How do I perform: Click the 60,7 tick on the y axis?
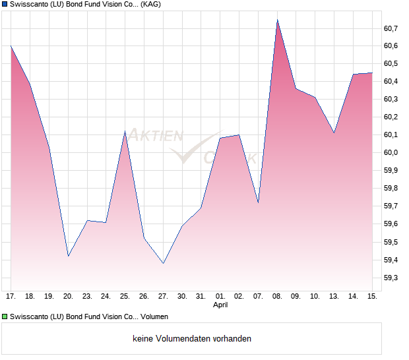point(391,28)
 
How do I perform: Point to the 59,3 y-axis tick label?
point(391,278)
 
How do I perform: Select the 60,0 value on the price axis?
point(391,153)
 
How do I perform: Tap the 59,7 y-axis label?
point(391,206)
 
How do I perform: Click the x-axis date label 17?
point(11,297)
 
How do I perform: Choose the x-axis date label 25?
point(125,297)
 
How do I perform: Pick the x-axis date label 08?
point(277,297)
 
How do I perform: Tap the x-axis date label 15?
point(372,297)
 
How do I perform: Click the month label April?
point(220,305)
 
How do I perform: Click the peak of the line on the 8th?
point(277,19)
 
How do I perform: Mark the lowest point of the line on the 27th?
point(163,264)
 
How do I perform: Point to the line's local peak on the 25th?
point(125,131)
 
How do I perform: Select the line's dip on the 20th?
point(68,256)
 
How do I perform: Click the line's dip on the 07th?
point(258,202)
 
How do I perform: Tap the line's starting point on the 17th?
point(11,45)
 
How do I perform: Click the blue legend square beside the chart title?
point(5,5)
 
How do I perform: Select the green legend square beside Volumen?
point(5,316)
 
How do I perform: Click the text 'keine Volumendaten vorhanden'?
point(192,339)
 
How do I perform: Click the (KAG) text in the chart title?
point(151,5)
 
